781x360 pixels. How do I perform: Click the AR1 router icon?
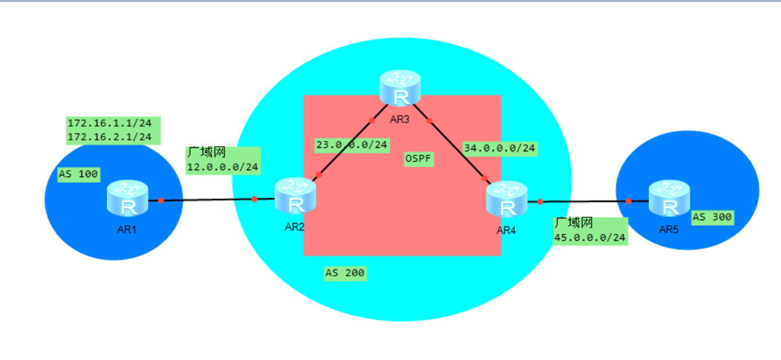[x=127, y=198]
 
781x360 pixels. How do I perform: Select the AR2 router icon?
[x=295, y=196]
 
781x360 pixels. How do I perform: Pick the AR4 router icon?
[x=507, y=199]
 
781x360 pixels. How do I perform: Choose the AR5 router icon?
[x=670, y=198]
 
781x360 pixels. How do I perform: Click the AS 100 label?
[x=79, y=174]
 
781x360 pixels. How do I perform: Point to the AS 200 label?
[x=345, y=273]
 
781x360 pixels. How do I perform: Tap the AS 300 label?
[x=712, y=217]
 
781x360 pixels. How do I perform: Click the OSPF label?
[x=419, y=159]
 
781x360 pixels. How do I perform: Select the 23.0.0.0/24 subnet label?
[x=352, y=144]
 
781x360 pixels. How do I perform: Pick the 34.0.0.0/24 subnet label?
[x=500, y=148]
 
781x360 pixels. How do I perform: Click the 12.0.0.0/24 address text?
[x=222, y=167]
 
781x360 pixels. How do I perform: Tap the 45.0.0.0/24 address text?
[x=590, y=237]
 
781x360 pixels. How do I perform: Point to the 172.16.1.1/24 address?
[x=110, y=123]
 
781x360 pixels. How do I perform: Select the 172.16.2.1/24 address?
[x=110, y=137]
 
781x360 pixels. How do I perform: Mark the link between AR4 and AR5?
[x=585, y=202]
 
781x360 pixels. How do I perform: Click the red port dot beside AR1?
[x=161, y=200]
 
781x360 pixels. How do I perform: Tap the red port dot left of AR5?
[x=628, y=201]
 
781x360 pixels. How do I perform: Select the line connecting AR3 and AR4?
[x=456, y=149]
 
